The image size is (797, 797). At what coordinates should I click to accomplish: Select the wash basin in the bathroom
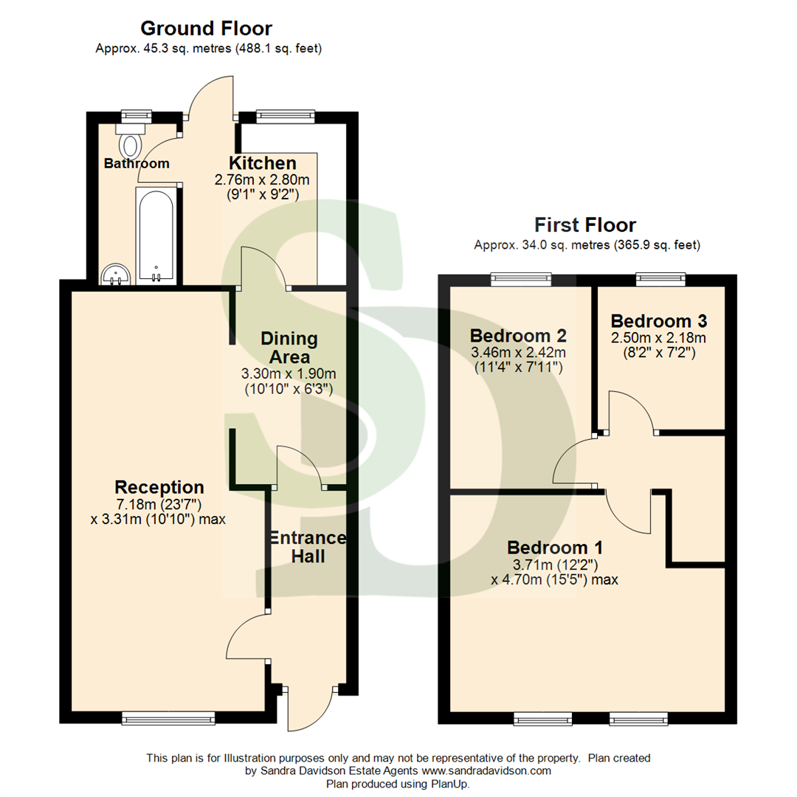pyautogui.click(x=116, y=275)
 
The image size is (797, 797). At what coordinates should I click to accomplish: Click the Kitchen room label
pyautogui.click(x=262, y=163)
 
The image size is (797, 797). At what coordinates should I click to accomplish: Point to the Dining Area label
pyautogui.click(x=289, y=348)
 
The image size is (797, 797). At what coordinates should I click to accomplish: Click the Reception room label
pyautogui.click(x=159, y=487)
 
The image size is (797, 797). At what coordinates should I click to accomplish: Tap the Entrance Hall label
pyautogui.click(x=307, y=546)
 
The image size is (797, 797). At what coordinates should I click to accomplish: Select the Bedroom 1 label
pyautogui.click(x=554, y=548)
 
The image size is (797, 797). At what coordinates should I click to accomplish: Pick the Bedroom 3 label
pyautogui.click(x=659, y=321)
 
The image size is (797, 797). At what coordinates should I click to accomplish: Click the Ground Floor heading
pyautogui.click(x=206, y=29)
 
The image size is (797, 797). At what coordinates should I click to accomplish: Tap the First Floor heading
pyautogui.click(x=585, y=224)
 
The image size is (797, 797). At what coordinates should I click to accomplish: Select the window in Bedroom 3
pyautogui.click(x=661, y=278)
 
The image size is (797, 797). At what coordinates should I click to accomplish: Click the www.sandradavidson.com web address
pyautogui.click(x=486, y=770)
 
